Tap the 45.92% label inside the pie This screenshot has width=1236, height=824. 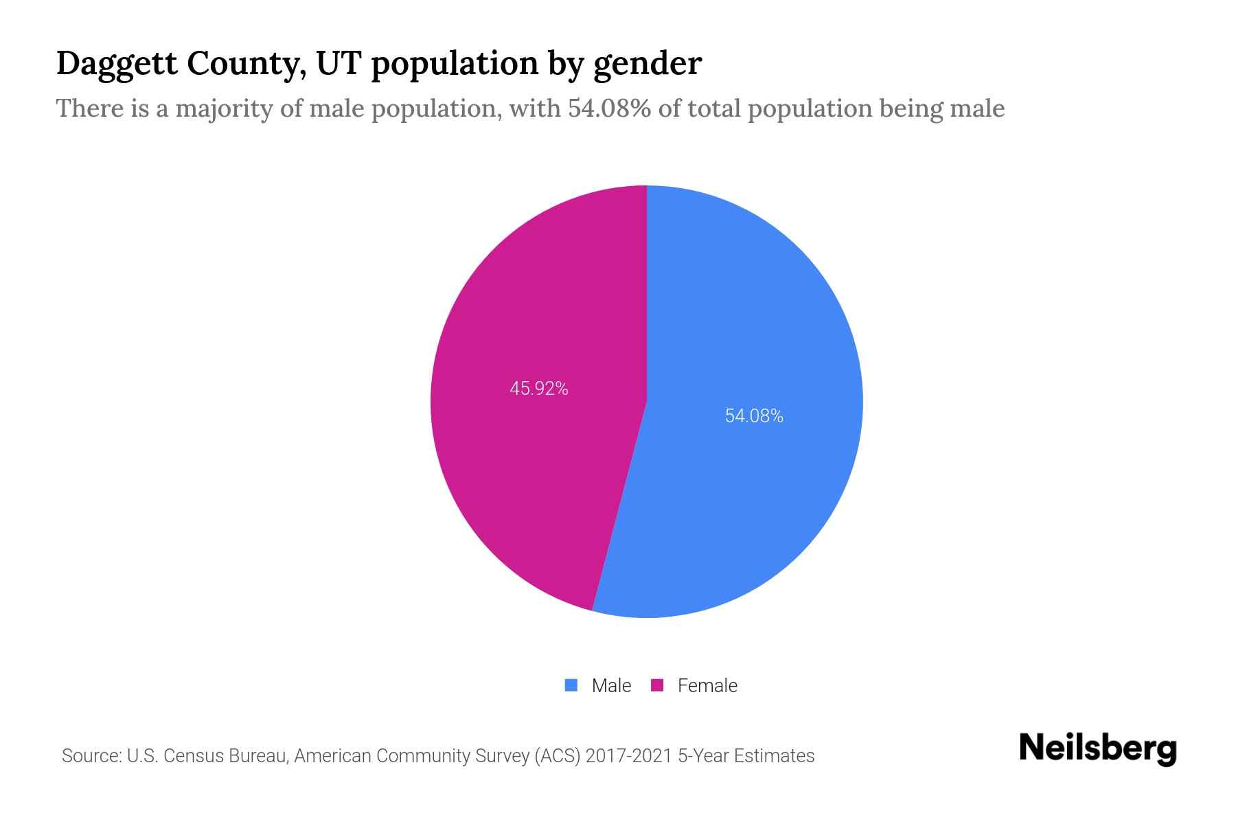[539, 389]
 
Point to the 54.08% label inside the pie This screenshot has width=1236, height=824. [754, 416]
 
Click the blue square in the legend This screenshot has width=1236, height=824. [571, 685]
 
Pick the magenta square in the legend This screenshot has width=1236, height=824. [657, 685]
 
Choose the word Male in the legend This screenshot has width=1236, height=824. [611, 686]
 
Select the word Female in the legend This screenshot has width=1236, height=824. [707, 686]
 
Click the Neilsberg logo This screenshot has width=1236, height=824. [1097, 748]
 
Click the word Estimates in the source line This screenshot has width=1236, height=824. [774, 756]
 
